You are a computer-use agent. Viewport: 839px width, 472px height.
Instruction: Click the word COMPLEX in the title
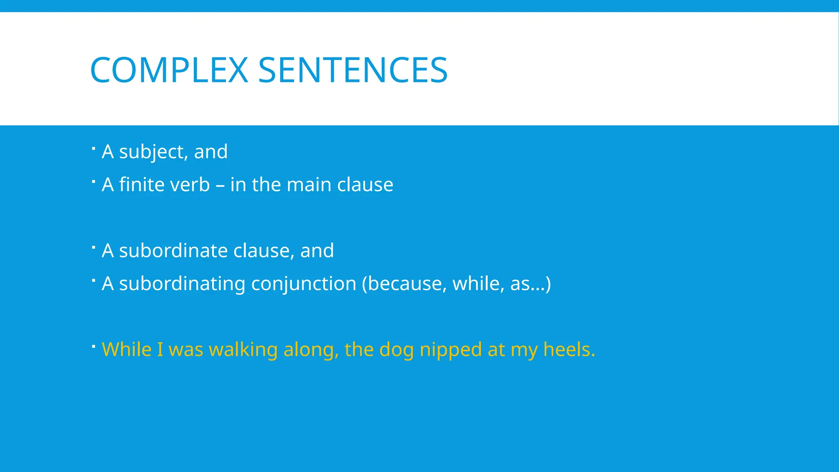169,70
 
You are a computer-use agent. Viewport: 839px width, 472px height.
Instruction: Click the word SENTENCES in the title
353,70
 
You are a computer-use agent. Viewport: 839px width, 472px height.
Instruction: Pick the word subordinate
173,250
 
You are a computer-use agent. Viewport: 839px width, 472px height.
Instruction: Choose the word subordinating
182,284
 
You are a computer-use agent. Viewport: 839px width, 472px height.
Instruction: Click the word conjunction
304,284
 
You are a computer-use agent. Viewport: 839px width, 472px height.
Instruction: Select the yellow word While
127,349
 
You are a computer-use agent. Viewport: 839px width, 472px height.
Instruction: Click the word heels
569,349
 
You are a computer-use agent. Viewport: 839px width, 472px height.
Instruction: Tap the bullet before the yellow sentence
93,346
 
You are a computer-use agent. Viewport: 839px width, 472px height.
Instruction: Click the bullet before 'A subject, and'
93,148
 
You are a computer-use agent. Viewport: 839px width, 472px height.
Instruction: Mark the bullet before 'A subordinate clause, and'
93,247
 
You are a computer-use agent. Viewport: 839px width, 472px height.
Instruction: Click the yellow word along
311,349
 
